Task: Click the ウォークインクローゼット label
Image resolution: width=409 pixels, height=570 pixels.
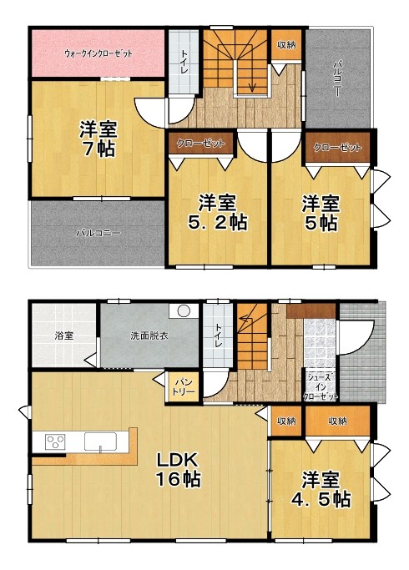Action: click(x=98, y=53)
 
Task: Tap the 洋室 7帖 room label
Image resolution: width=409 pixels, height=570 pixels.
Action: click(x=98, y=139)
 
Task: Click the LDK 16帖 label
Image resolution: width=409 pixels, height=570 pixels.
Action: click(x=178, y=470)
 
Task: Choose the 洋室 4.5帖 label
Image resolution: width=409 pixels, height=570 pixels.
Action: click(x=321, y=490)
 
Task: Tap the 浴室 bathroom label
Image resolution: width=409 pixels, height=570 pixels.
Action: click(x=64, y=335)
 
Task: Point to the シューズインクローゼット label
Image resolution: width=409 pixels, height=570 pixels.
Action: click(x=321, y=387)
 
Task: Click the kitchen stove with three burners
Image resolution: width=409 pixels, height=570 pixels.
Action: click(x=55, y=442)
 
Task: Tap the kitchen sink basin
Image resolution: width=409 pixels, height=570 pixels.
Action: click(x=101, y=441)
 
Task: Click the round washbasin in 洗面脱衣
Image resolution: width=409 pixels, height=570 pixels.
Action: click(x=184, y=311)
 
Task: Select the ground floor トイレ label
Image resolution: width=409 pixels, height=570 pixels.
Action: click(x=217, y=335)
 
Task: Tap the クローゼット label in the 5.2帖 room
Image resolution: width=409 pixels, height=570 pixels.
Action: click(x=200, y=144)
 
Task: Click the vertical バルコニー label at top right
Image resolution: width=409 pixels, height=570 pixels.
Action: click(x=337, y=78)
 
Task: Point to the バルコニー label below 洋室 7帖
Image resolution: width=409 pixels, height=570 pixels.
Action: click(x=98, y=233)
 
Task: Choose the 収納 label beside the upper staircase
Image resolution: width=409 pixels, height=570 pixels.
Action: click(x=286, y=45)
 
